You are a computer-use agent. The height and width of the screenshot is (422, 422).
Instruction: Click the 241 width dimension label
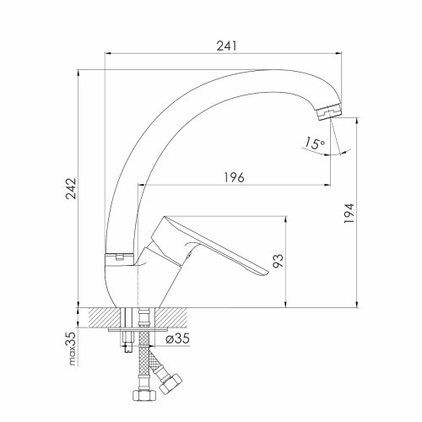pyautogui.click(x=227, y=46)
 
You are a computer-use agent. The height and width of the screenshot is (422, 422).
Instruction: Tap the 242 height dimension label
pyautogui.click(x=71, y=188)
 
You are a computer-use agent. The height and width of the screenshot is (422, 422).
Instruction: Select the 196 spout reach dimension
pyautogui.click(x=234, y=177)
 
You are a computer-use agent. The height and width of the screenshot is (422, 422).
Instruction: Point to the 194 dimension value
pyautogui.click(x=349, y=213)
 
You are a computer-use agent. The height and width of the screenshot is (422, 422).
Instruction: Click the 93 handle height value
pyautogui.click(x=279, y=261)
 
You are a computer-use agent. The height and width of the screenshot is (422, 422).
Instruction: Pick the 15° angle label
pyautogui.click(x=314, y=143)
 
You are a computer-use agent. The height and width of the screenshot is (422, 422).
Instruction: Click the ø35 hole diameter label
pyautogui.click(x=177, y=338)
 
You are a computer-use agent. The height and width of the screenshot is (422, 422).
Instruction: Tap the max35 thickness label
pyautogui.click(x=72, y=349)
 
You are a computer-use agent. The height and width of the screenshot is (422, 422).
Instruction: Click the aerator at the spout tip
pyautogui.click(x=328, y=111)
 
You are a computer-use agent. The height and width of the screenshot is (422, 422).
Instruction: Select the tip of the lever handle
pyautogui.click(x=268, y=273)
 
